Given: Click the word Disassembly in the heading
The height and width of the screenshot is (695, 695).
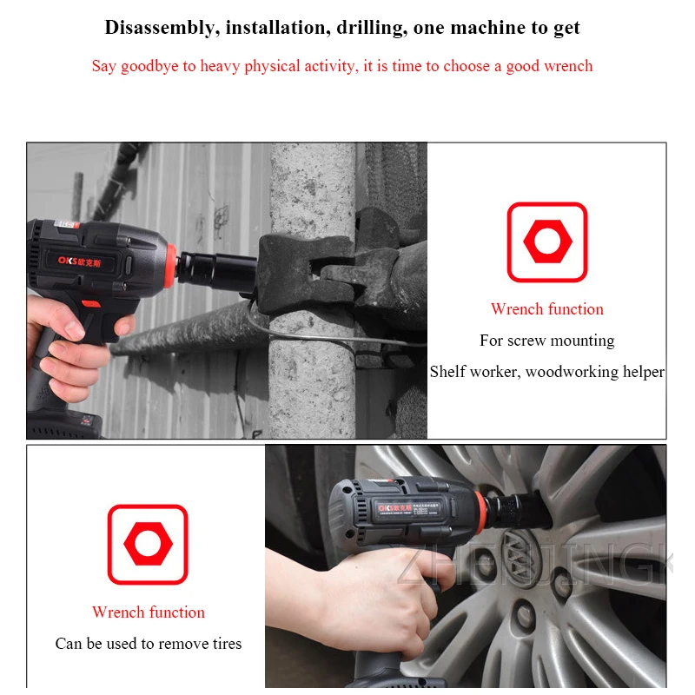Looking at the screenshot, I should (x=159, y=28).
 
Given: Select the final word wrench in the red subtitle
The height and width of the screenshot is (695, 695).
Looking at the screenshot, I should (x=566, y=66).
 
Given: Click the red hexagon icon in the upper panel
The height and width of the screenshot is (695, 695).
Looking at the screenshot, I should (x=546, y=242).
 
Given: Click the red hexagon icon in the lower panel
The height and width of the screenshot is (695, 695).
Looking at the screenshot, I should (x=148, y=545).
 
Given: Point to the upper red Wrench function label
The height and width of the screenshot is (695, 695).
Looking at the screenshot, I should (x=546, y=309).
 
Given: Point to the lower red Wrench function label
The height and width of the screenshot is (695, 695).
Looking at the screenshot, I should (x=149, y=612).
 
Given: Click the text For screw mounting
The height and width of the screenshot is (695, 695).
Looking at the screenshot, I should (x=546, y=341).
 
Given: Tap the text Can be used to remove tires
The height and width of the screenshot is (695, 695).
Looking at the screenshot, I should (x=149, y=644).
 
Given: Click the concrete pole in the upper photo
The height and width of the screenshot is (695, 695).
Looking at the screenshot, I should (x=313, y=365).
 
